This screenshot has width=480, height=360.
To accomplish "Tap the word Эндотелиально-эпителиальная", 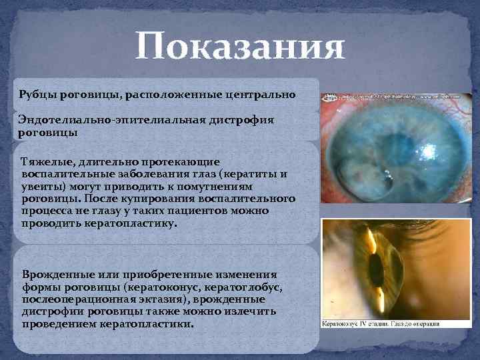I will pyautogui.click(x=98, y=120).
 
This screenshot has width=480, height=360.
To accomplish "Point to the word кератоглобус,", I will pyautogui.click(x=247, y=287).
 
